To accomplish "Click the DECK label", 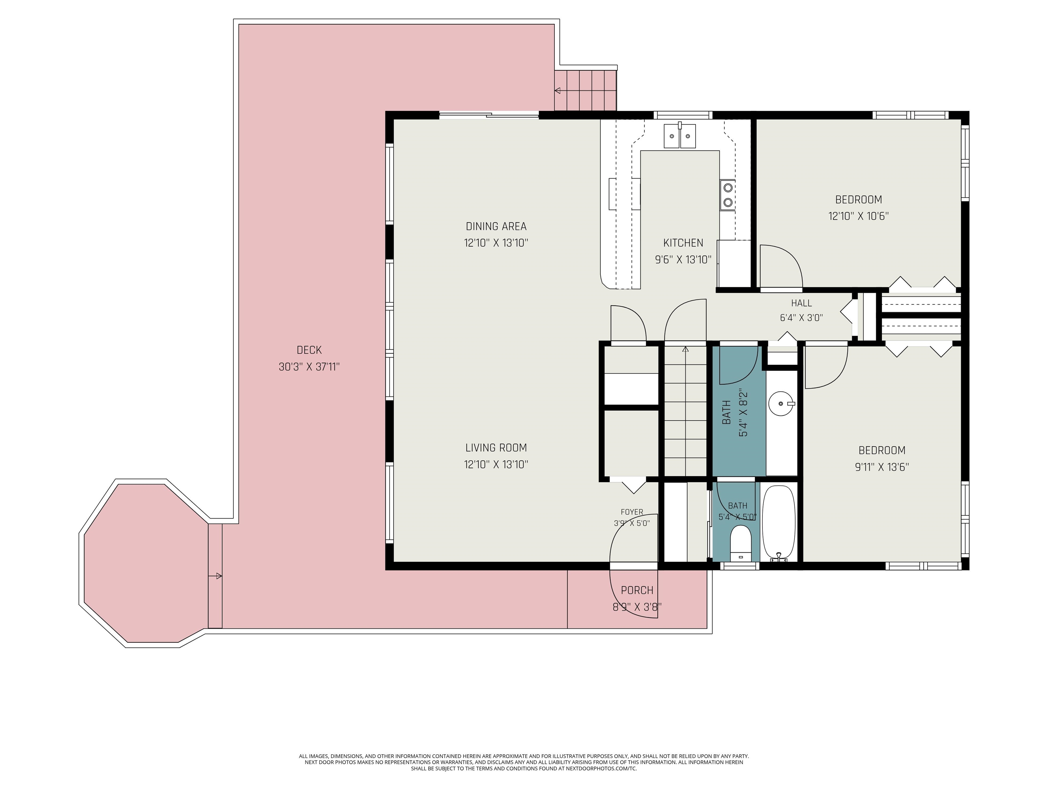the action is click(x=309, y=350).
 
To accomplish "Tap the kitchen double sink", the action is click(x=680, y=136).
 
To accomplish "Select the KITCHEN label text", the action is click(x=683, y=243).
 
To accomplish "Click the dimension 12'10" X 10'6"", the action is click(x=858, y=216).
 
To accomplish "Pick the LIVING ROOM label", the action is click(x=496, y=448).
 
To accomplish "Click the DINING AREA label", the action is click(x=496, y=227).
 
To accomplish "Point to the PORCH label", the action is click(x=637, y=590).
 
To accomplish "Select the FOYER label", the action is click(x=632, y=512).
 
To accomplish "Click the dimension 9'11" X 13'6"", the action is click(x=882, y=467).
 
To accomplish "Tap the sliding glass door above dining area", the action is click(x=489, y=114).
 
